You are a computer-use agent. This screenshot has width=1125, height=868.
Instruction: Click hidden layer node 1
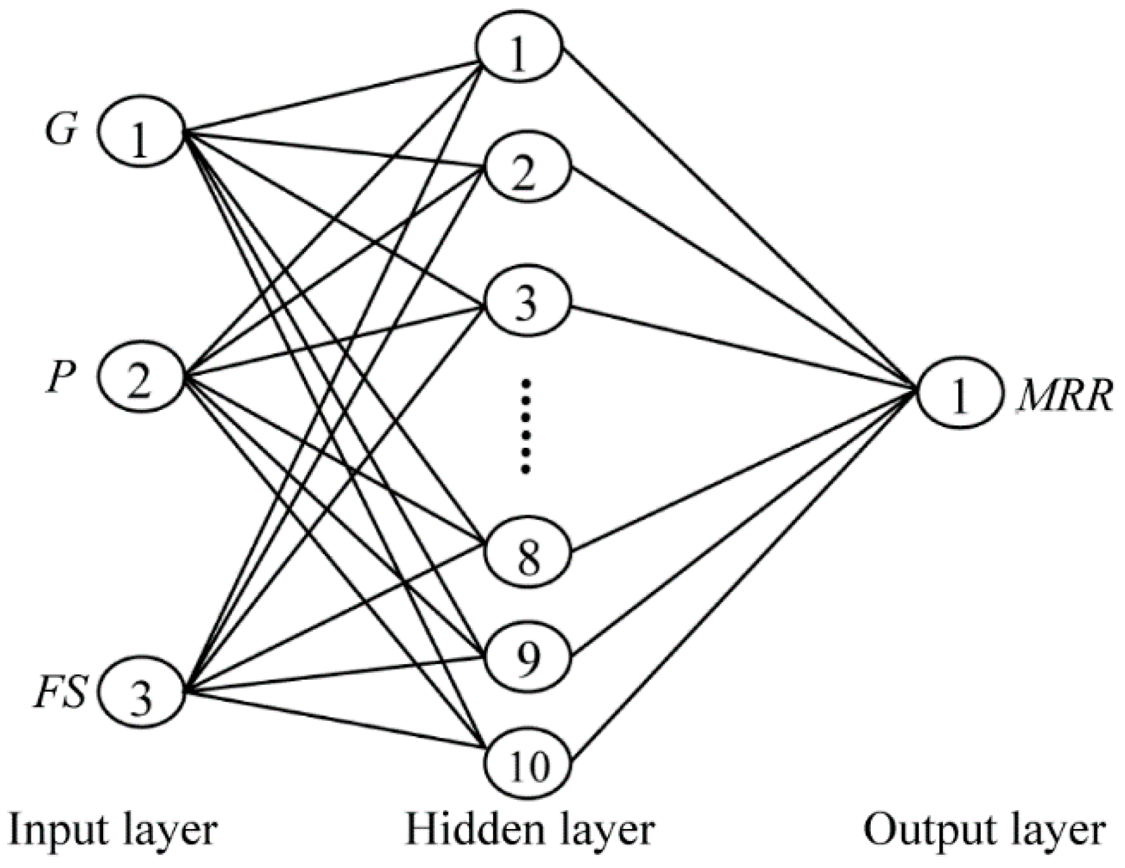pyautogui.click(x=519, y=49)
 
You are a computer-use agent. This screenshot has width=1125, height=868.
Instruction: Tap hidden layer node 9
pyautogui.click(x=528, y=657)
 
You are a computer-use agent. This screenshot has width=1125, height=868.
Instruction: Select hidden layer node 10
pyautogui.click(x=528, y=764)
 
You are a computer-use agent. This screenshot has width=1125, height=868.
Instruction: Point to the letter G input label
pyautogui.click(x=61, y=129)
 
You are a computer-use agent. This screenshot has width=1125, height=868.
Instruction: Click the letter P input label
pyautogui.click(x=60, y=378)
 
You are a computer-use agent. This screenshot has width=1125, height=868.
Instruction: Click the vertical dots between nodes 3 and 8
pyautogui.click(x=526, y=425)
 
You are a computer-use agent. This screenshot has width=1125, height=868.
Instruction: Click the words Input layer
pyautogui.click(x=112, y=830)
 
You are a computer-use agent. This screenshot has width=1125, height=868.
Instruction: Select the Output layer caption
pyautogui.click(x=983, y=830)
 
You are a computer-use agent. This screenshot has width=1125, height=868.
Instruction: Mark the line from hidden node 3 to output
pyautogui.click(x=743, y=350)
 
